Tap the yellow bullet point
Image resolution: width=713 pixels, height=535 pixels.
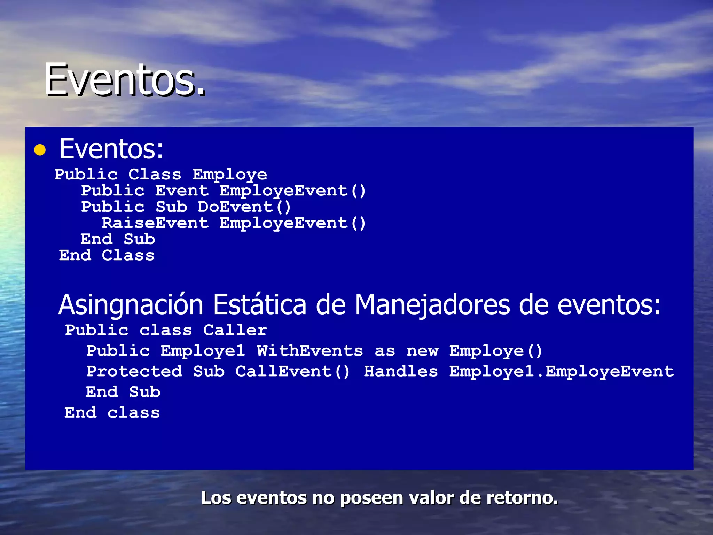[40, 150]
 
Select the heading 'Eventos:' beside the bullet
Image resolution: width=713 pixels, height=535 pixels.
[111, 149]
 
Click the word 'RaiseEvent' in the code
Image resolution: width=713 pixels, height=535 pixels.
[155, 223]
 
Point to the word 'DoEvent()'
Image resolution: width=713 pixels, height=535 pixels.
[244, 207]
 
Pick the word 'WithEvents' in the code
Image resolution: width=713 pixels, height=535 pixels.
[310, 351]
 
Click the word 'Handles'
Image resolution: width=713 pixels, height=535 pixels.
[401, 371]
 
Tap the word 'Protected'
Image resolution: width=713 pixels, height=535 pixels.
[134, 371]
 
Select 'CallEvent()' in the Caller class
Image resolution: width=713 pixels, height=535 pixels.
[292, 371]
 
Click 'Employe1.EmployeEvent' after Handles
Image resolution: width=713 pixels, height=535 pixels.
[561, 371]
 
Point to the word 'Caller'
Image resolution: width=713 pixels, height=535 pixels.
[235, 330]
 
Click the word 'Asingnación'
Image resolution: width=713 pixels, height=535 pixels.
[131, 304]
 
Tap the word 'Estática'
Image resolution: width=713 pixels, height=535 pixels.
[260, 304]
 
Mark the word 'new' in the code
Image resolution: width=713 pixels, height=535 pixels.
[422, 351]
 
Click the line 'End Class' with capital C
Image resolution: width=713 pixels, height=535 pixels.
[107, 256]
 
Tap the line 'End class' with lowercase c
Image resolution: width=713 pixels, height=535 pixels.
[112, 413]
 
